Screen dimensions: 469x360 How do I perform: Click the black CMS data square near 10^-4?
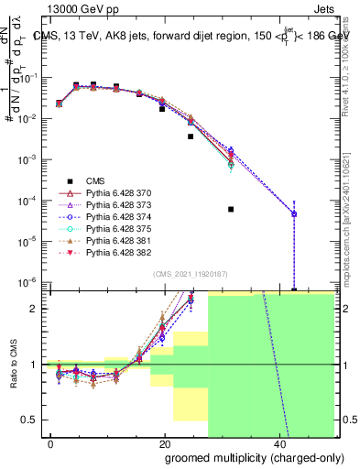[x=231, y=209]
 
